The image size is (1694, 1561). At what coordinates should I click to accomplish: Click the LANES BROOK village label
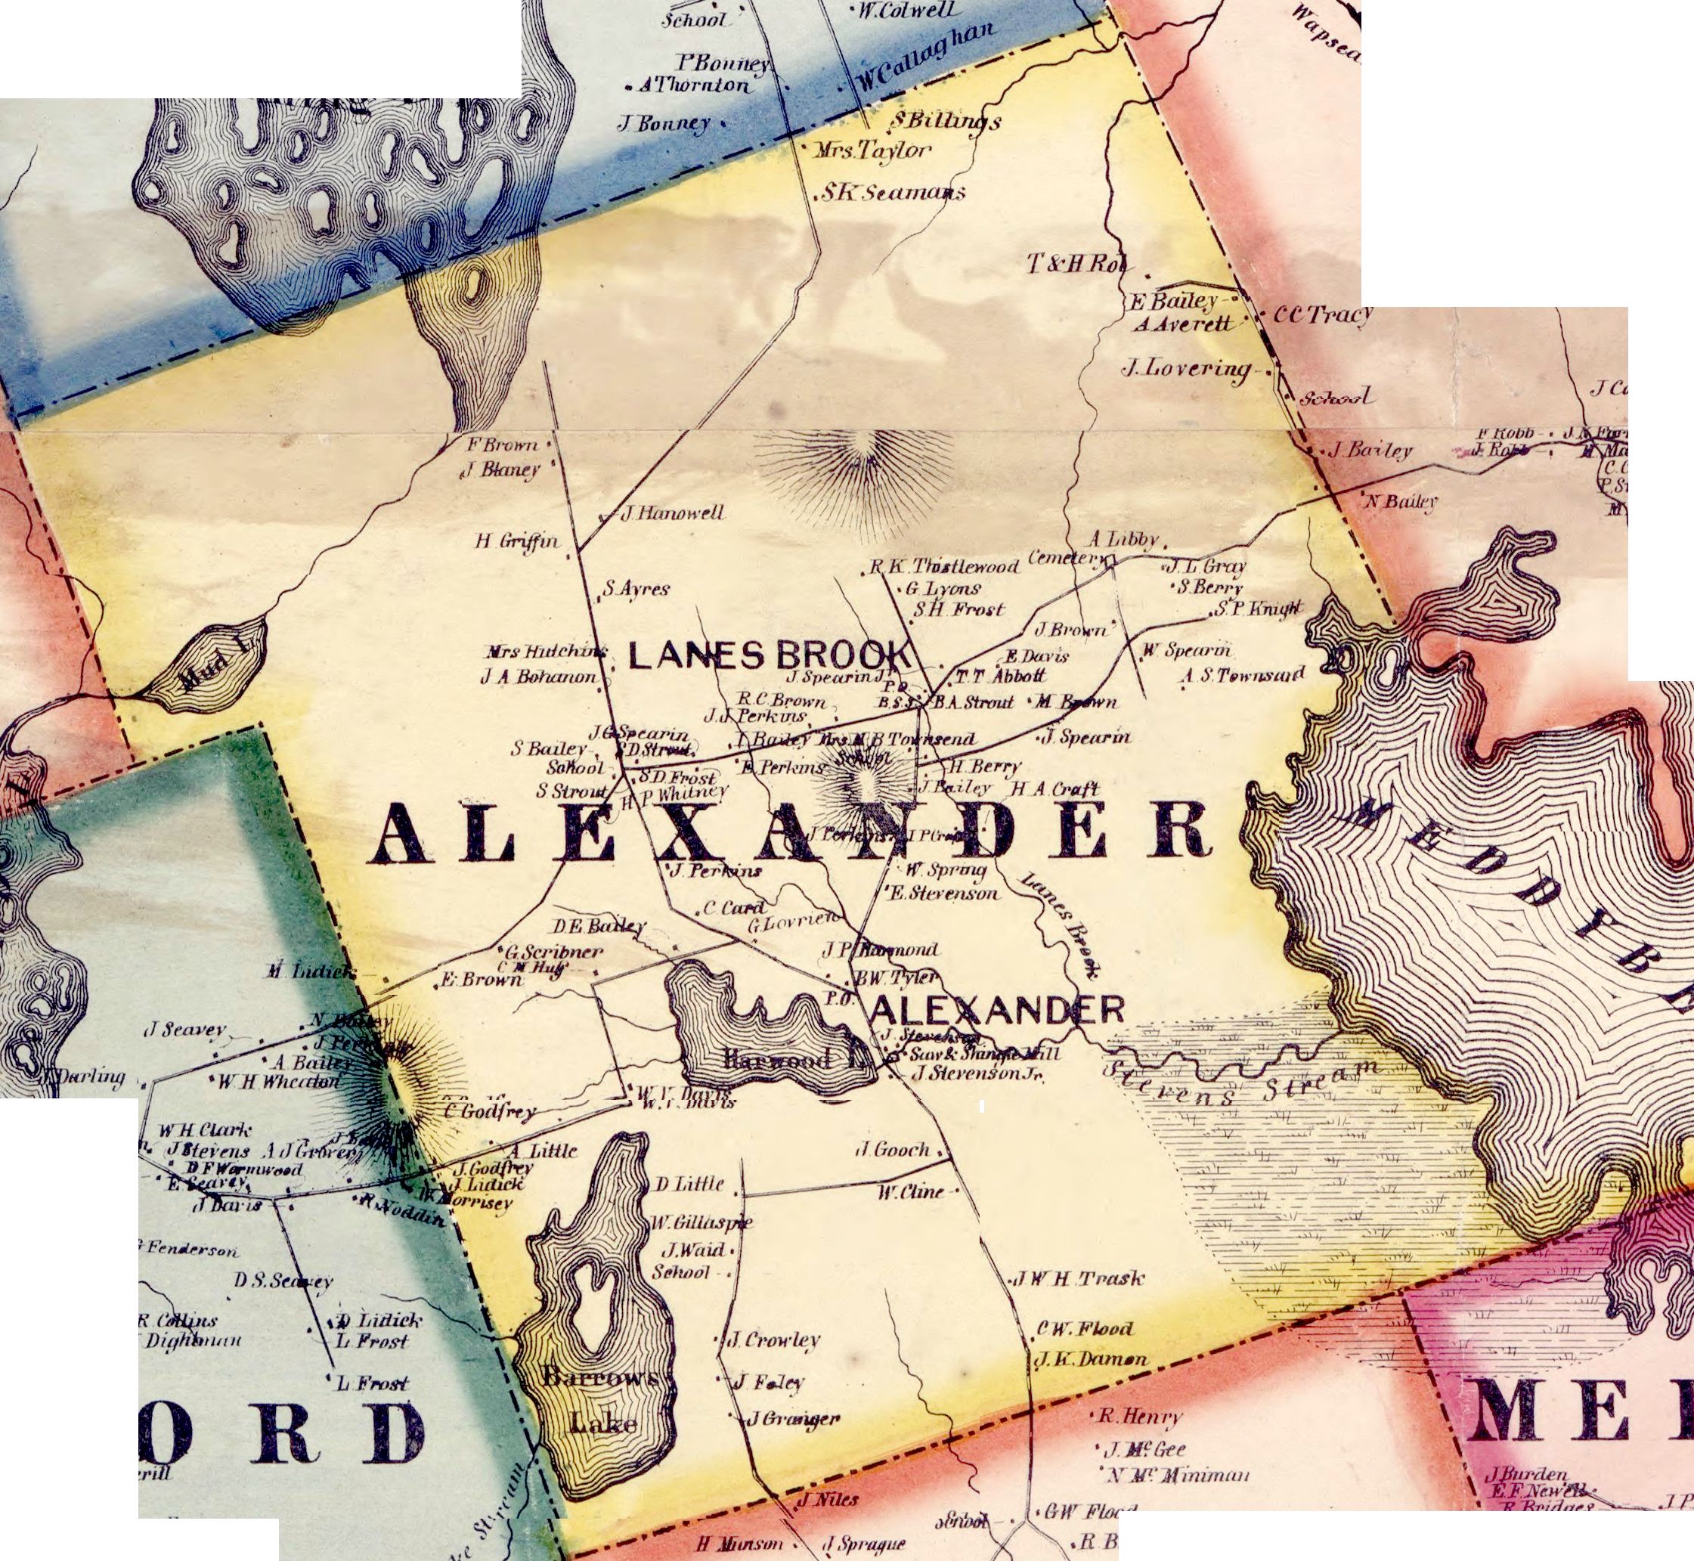(x=770, y=655)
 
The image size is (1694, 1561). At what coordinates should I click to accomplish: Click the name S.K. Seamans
(x=893, y=194)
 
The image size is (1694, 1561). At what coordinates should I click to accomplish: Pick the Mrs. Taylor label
(x=873, y=152)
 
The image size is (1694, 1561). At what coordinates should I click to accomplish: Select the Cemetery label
(x=1066, y=559)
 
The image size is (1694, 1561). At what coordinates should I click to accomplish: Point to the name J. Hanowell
(x=672, y=513)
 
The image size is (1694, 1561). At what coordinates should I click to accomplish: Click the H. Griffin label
(x=517, y=541)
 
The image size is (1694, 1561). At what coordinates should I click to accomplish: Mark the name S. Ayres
(x=636, y=589)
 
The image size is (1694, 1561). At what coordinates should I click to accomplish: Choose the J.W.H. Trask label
(x=1077, y=1279)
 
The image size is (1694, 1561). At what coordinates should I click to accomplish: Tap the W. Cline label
(x=909, y=1193)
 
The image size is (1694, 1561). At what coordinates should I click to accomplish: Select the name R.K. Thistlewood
(x=945, y=567)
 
